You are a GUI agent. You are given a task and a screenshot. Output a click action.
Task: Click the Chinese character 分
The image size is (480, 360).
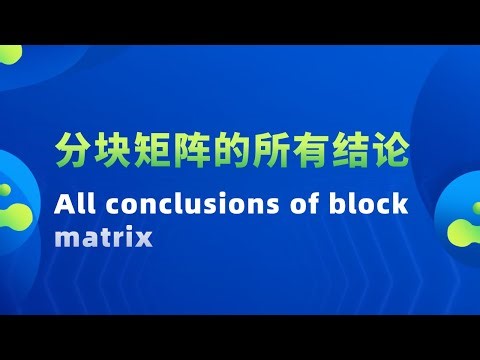tap(71, 153)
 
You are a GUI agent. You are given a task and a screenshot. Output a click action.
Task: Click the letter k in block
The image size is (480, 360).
tap(400, 206)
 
